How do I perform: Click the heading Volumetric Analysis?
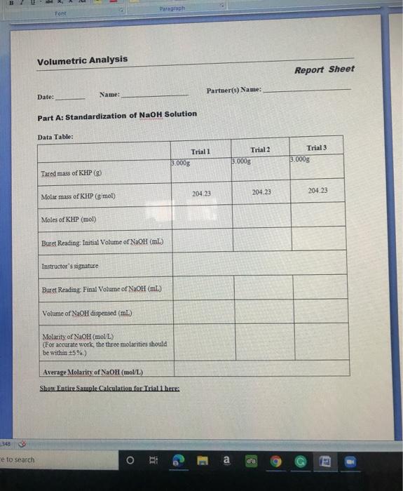pyautogui.click(x=82, y=60)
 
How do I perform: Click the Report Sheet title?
pyautogui.click(x=324, y=69)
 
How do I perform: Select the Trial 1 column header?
pyautogui.click(x=200, y=152)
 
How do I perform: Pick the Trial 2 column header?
pyautogui.click(x=259, y=150)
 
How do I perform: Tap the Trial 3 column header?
pyautogui.click(x=317, y=149)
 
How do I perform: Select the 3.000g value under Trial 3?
pyautogui.click(x=300, y=159)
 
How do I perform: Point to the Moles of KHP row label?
pyautogui.click(x=69, y=219)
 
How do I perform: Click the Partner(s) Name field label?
pyautogui.click(x=234, y=90)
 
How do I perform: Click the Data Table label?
pyautogui.click(x=55, y=137)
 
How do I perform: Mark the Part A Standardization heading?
pyautogui.click(x=117, y=114)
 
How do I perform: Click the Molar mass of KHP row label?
pyautogui.click(x=78, y=196)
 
